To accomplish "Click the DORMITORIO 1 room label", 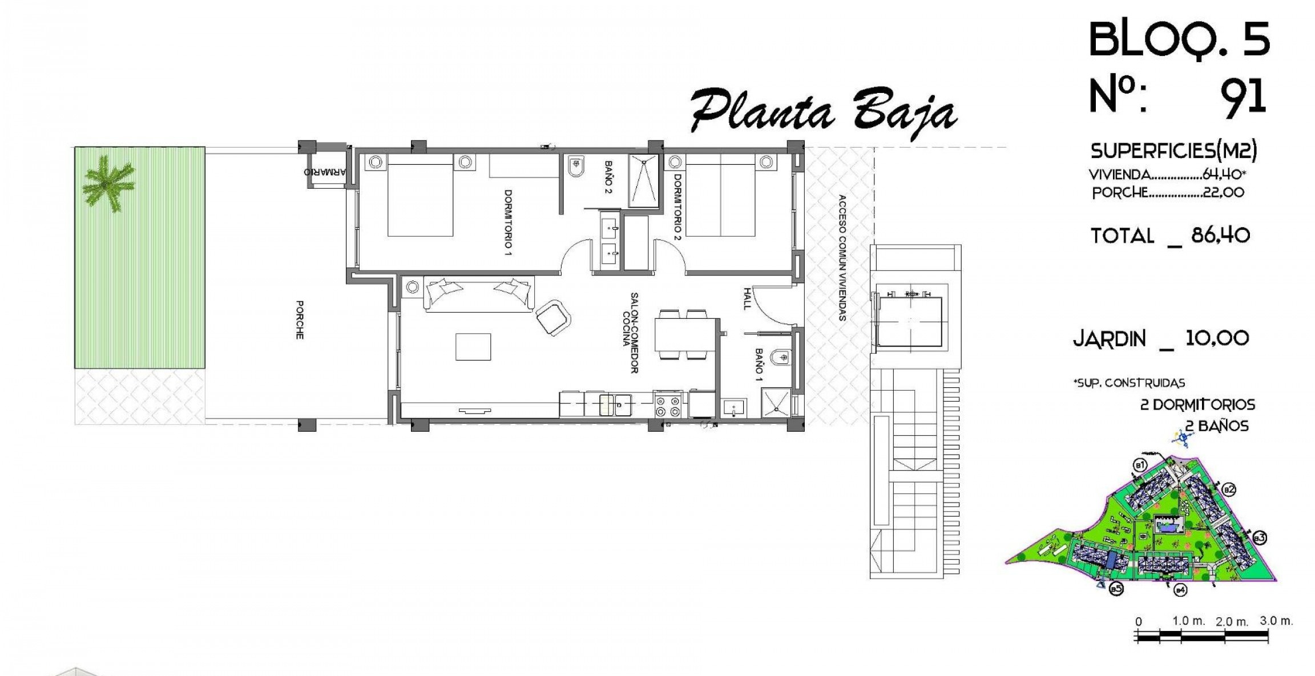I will click(507, 222).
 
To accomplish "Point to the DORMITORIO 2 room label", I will click(677, 208).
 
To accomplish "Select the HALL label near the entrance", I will click(746, 298).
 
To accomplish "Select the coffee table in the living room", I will click(473, 347).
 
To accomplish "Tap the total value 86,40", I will click(1220, 235).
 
